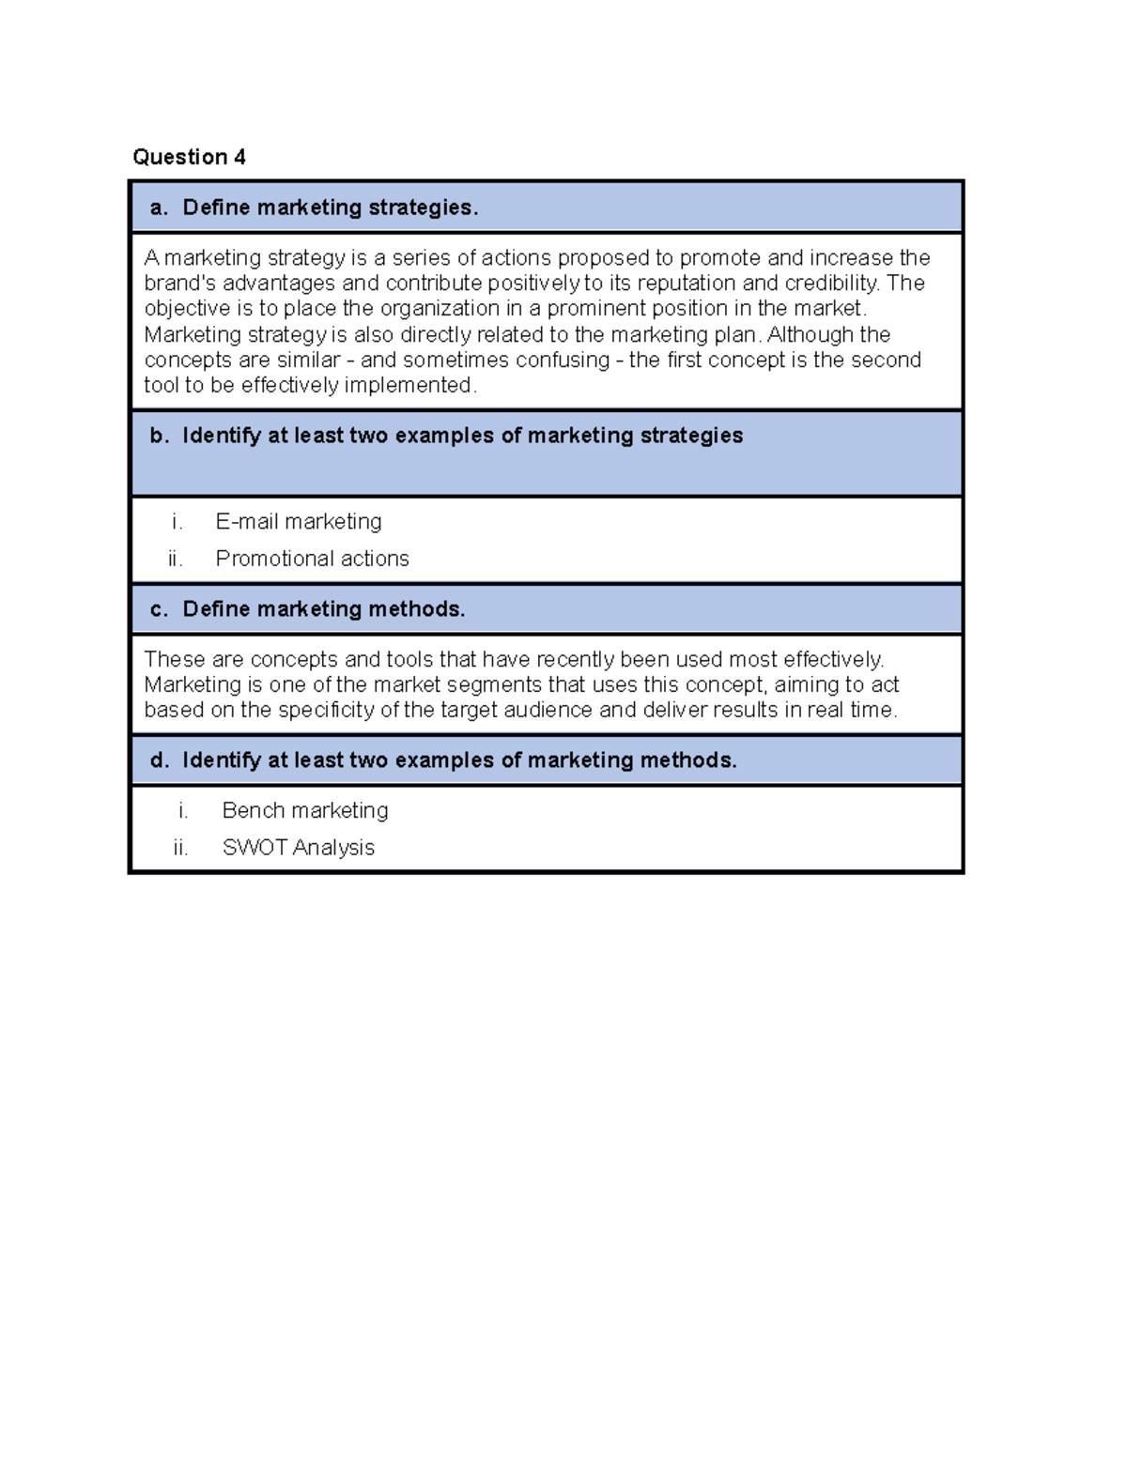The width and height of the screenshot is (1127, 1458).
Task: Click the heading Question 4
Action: tap(189, 157)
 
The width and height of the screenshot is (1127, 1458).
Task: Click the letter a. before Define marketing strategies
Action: tap(159, 207)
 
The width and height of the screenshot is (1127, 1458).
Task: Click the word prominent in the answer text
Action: tap(598, 309)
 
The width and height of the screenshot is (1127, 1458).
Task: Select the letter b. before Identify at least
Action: tap(160, 436)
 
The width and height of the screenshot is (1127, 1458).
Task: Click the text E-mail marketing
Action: tap(299, 521)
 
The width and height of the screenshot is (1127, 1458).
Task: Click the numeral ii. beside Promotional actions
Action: tap(176, 559)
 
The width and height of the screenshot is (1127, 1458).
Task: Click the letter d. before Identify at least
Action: tap(160, 760)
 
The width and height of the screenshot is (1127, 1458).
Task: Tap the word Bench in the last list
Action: tap(249, 810)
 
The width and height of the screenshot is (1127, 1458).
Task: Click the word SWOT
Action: tap(255, 848)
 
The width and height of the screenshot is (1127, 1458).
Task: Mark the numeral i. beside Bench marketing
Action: tap(183, 810)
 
